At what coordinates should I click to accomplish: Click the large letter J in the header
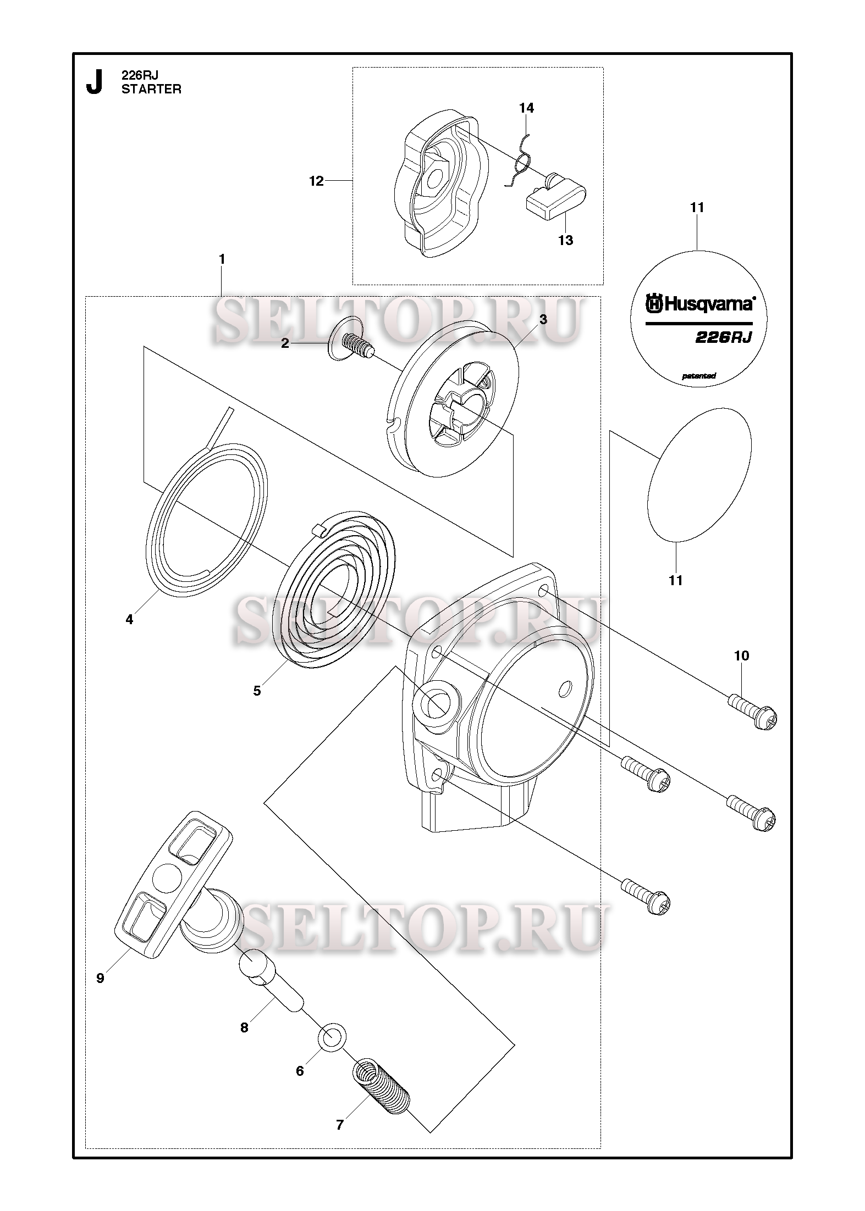point(95,83)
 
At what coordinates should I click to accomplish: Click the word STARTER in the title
point(151,90)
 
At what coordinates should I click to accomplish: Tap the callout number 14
point(526,108)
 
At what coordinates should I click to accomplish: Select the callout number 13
point(565,240)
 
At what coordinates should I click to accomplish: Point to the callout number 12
point(316,181)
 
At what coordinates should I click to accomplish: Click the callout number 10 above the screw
point(741,656)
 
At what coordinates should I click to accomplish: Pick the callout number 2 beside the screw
point(285,343)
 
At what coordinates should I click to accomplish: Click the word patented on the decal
point(698,376)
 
